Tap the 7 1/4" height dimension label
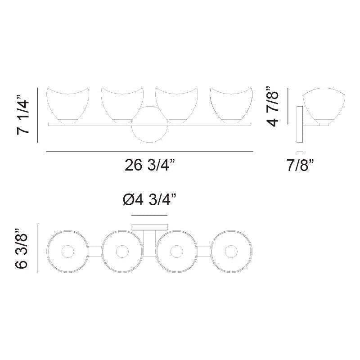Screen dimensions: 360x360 [x=23, y=117]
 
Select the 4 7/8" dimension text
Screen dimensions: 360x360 [x=273, y=106]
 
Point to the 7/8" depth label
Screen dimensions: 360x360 [x=300, y=165]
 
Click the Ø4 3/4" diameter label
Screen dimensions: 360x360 [x=150, y=200]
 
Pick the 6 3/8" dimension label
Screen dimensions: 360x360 [x=21, y=248]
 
